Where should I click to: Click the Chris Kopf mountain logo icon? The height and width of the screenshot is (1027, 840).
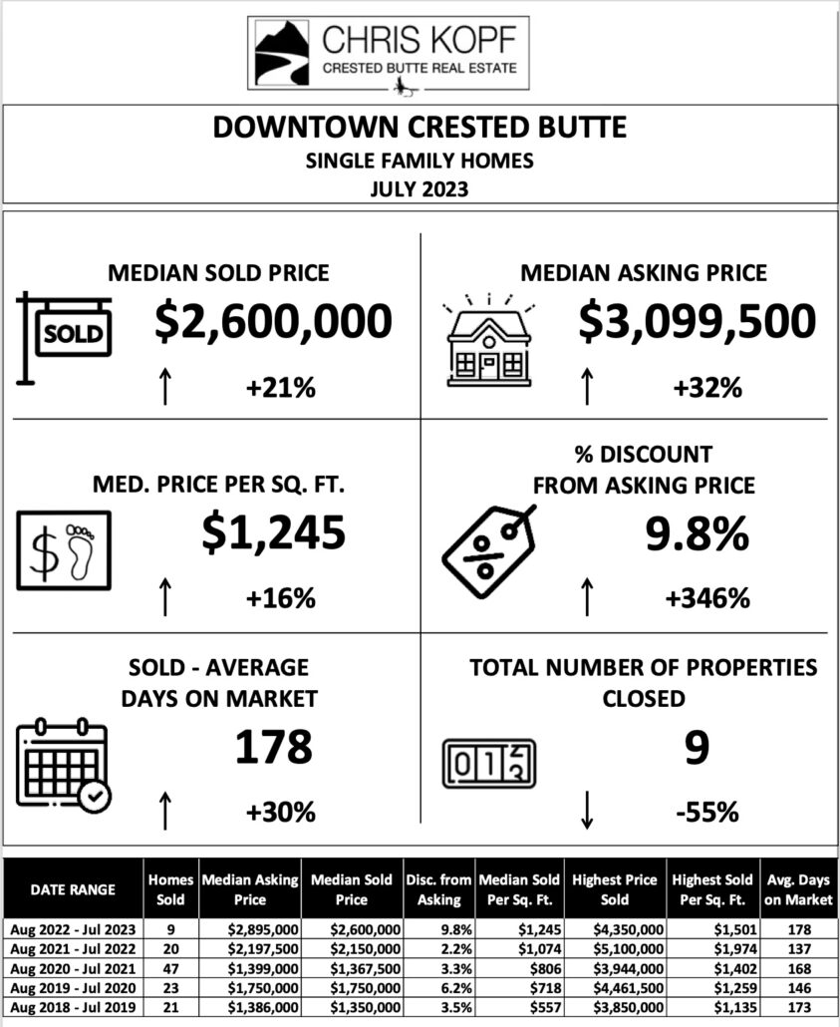282,53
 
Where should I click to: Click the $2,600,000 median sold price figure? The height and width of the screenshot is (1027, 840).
274,322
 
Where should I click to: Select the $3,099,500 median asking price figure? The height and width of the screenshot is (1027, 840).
697,322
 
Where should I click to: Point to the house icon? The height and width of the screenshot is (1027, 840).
487,338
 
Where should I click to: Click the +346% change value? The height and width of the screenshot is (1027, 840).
706,598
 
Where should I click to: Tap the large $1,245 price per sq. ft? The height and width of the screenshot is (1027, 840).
273,532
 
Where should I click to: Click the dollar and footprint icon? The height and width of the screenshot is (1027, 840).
64,550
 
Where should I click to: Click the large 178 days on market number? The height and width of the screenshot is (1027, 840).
273,747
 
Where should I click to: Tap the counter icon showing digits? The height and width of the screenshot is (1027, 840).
488,764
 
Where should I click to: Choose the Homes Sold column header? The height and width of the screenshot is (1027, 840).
170,888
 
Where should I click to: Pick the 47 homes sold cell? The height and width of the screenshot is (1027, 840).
171,968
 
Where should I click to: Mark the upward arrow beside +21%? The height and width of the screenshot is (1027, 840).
164,386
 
